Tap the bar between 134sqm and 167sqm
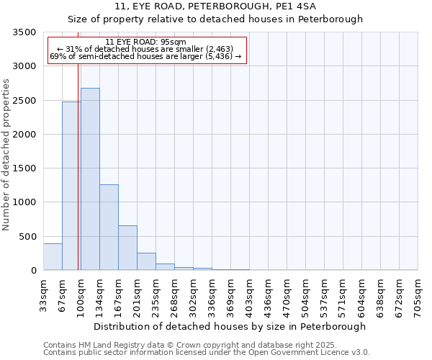(109, 227)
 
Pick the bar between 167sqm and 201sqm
(127, 248)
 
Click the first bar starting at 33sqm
(53, 257)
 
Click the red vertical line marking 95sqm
(78, 166)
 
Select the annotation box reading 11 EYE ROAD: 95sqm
(147, 49)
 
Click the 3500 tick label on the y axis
(24, 32)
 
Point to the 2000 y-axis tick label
(24, 135)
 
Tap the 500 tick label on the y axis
(27, 237)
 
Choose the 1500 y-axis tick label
(24, 168)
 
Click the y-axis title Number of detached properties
(6, 154)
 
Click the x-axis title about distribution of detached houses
(230, 326)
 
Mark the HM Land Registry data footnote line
(190, 345)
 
